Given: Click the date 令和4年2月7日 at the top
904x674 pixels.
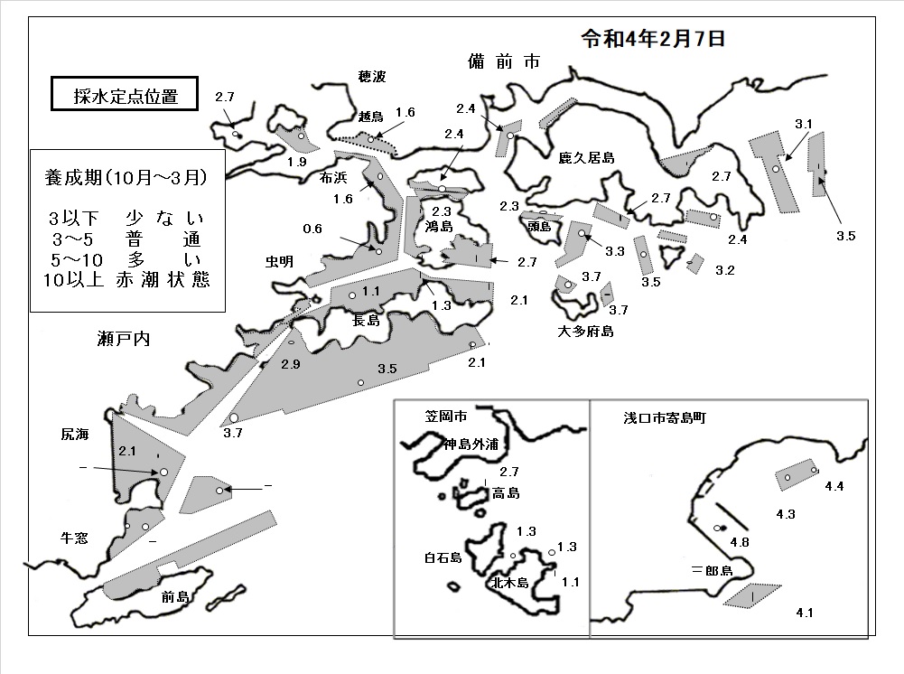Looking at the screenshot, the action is click(653, 39).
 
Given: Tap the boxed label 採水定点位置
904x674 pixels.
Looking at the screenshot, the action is click(126, 95).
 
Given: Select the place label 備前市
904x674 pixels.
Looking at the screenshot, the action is click(504, 61).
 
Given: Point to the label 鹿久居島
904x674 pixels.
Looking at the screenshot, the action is click(586, 157).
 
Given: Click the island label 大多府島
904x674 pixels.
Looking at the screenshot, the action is click(585, 331).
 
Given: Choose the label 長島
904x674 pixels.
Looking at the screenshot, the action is click(366, 319).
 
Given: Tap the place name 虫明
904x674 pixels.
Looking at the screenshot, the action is click(279, 261).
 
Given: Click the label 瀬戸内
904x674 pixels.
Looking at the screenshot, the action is click(124, 339).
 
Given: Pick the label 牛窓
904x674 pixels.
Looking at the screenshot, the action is click(74, 538).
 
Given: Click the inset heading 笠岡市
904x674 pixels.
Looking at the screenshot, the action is click(446, 416).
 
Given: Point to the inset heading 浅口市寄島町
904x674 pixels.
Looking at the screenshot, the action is click(664, 417).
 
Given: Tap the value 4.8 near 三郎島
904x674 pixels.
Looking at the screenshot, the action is click(740, 542).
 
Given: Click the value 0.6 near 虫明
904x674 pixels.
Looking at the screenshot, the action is click(312, 229).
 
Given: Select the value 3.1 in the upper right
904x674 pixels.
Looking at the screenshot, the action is click(804, 124).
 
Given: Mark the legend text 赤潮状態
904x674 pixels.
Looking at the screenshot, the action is click(163, 280).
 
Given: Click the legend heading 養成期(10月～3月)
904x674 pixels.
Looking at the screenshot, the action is click(126, 177).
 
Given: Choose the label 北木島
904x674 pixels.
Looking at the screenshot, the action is click(509, 583).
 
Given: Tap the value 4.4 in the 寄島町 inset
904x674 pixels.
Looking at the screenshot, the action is click(834, 486).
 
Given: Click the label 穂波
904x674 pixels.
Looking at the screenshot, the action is click(372, 76).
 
